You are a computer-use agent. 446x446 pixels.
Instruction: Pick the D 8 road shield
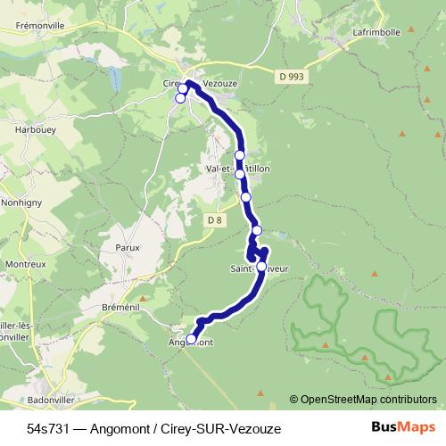coord(214,220)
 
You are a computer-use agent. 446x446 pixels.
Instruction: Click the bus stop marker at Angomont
coord(191,339)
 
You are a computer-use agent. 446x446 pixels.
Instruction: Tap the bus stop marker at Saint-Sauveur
coord(261,266)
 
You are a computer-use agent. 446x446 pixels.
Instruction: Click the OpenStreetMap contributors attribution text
coord(368,399)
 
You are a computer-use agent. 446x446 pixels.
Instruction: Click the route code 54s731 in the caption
coord(48,429)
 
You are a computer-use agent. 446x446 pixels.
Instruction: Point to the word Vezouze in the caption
coord(253,429)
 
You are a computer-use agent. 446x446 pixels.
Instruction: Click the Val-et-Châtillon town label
coord(237,167)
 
